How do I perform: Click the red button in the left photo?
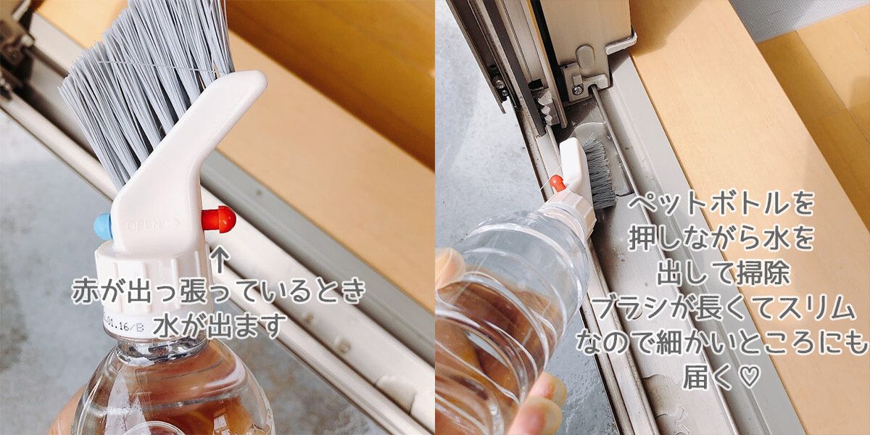[219, 219]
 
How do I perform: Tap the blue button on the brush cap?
[103, 226]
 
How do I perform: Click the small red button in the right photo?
[558, 183]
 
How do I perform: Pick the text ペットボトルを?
[721, 204]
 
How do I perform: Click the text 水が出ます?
[220, 326]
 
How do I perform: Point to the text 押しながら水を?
[721, 239]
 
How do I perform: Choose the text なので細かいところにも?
[721, 341]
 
